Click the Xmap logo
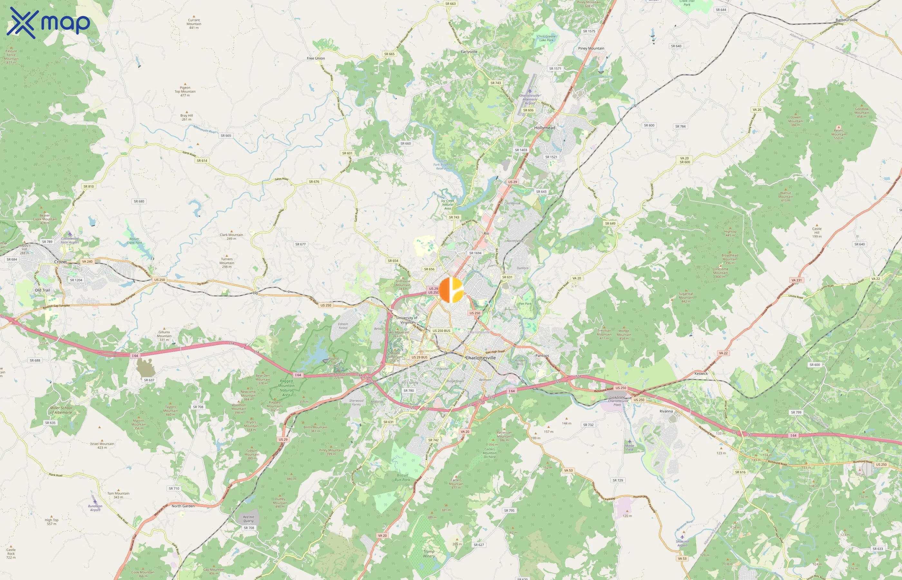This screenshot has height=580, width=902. coord(48,23)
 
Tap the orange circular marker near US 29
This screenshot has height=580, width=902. coord(451,290)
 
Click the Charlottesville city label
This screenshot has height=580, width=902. coord(480,358)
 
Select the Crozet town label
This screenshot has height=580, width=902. coord(61,262)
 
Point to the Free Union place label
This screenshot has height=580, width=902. coord(316,58)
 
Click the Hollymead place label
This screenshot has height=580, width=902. coord(544,128)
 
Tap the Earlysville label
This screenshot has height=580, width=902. coord(469,52)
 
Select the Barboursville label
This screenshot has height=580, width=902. coord(846,20)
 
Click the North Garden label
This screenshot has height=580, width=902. coord(183,506)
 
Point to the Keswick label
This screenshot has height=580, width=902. coord(701,373)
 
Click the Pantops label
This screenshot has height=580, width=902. coord(542,355)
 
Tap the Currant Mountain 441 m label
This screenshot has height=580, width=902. coord(194,24)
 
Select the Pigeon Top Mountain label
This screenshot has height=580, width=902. coord(185,91)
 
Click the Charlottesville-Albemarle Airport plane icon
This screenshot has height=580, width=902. coord(530,91)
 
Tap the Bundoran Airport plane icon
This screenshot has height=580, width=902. coord(95,501)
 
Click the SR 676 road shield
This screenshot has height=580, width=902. coord(314,181)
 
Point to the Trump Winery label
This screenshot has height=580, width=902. coord(429,554)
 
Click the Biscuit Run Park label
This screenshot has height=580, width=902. coord(402,478)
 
